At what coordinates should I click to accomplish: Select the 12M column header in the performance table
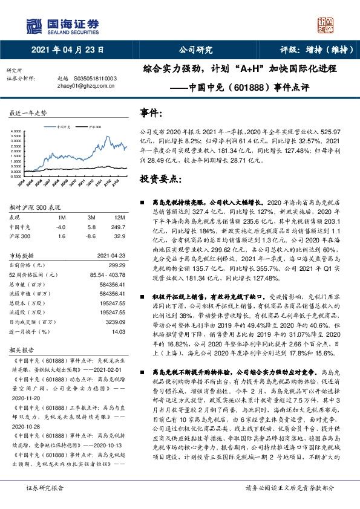[119, 217]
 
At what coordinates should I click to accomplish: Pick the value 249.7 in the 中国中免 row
[118, 227]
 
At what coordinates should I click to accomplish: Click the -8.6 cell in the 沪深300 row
[91, 236]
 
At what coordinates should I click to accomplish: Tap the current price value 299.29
[116, 265]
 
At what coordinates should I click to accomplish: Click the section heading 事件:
[151, 113]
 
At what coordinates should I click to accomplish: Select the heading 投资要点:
[160, 179]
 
